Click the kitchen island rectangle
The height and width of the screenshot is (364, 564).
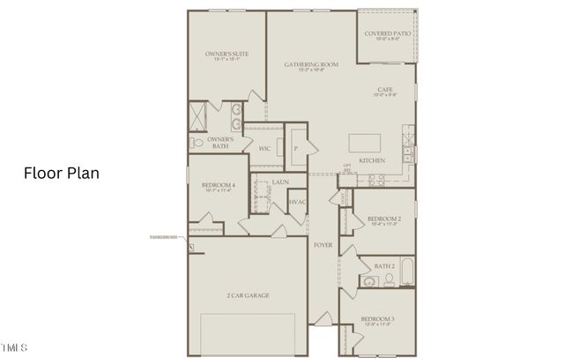coord(368,144)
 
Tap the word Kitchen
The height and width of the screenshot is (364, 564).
coord(372,161)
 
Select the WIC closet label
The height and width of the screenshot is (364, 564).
coord(263,148)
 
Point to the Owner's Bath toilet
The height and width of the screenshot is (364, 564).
coord(197,142)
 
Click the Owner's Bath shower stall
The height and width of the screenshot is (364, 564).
coord(198,115)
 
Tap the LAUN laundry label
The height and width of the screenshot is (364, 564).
coord(280,182)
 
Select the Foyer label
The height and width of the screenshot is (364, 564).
coord(323,245)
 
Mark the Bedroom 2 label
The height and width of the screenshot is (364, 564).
coord(384,219)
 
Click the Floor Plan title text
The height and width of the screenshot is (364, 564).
coord(61,174)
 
